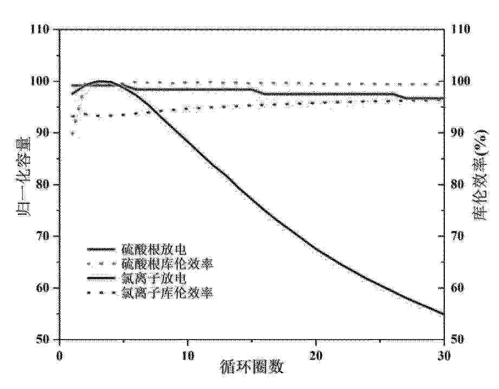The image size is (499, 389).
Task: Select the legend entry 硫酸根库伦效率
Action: tap(166, 264)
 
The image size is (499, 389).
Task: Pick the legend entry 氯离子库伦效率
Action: tap(166, 294)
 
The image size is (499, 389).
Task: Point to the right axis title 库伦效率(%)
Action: tap(481, 184)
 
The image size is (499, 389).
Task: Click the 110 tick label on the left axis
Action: tap(42, 29)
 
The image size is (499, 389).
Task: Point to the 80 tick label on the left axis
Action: tap(45, 184)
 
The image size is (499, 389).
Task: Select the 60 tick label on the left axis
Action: tap(45, 288)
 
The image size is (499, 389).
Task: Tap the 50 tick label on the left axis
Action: tap(45, 340)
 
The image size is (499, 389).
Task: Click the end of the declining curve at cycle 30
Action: tap(443, 314)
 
